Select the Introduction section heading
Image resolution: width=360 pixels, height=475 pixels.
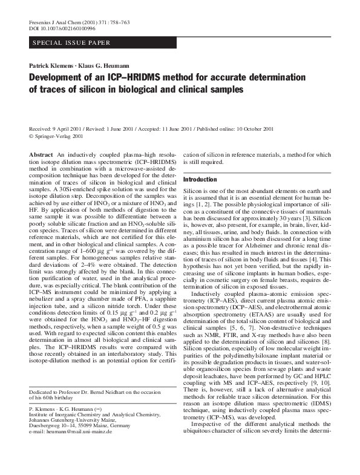[x=200, y=180]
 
